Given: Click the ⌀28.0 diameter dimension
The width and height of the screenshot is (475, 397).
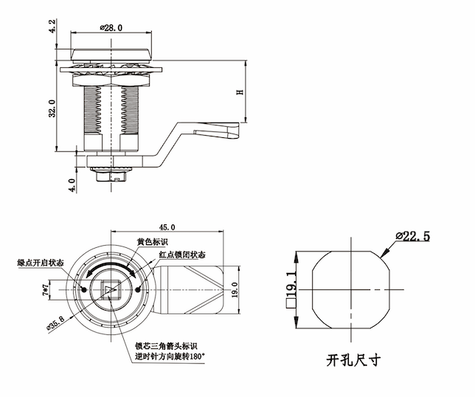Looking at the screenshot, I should point(110,28).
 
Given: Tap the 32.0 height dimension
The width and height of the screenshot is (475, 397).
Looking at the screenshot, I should point(52,110).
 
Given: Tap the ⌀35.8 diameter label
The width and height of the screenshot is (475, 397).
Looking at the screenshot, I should point(56,321).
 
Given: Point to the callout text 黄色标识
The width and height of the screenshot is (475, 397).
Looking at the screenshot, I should point(153,242).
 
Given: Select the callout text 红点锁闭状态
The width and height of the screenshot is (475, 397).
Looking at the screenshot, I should point(181,255).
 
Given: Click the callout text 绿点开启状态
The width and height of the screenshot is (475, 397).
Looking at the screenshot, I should point(40,263).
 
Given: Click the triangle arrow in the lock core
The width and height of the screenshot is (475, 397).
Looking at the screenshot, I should point(111,290).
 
